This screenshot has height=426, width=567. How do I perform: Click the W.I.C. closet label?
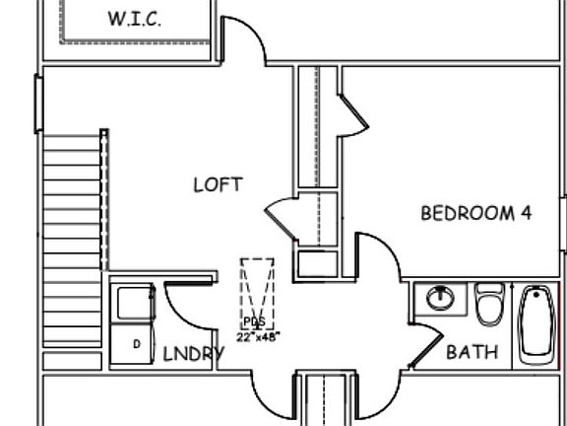(135, 19)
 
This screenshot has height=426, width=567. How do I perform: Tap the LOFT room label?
(219, 184)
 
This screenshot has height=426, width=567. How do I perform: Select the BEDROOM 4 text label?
(476, 213)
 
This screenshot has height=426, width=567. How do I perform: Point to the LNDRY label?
(194, 354)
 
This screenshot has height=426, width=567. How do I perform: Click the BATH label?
(472, 352)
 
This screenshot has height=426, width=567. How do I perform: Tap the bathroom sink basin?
(440, 298)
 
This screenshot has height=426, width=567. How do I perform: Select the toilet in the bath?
(489, 304)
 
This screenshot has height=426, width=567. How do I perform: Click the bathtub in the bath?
(536, 324)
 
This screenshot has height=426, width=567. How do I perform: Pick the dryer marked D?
(132, 344)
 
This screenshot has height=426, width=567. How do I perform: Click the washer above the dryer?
(133, 303)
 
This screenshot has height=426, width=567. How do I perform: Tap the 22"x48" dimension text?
(258, 337)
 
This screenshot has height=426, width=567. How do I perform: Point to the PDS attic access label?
(255, 321)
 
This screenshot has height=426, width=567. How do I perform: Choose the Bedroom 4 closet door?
(353, 113)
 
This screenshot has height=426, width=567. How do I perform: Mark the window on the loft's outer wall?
(38, 104)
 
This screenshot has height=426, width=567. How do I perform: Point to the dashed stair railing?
(104, 200)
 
